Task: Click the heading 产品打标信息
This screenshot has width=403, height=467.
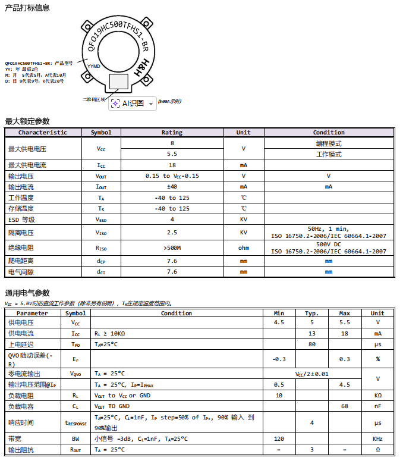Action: click(27, 8)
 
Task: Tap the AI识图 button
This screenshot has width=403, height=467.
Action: click(133, 103)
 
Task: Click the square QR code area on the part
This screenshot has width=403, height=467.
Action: click(119, 83)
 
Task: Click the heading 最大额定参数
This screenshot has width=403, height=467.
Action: click(27, 121)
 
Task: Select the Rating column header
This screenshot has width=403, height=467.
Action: click(172, 133)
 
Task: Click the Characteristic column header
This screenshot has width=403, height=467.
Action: click(43, 133)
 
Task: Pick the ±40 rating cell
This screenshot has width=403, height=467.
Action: click(172, 187)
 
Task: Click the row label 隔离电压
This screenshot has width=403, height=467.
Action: click(21, 233)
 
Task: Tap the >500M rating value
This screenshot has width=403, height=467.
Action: click(172, 248)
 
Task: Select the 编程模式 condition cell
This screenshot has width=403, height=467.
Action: click(329, 143)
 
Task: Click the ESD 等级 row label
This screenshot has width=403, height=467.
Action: click(21, 220)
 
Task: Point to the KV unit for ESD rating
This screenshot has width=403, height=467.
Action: click(244, 220)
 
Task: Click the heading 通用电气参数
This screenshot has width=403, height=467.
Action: click(27, 293)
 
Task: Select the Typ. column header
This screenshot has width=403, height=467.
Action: click(312, 314)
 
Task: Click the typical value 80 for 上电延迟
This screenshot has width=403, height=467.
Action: click(312, 344)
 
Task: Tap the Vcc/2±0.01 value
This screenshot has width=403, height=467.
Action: click(312, 374)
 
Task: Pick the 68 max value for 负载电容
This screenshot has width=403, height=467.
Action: click(344, 406)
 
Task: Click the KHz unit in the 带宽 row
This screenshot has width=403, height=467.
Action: click(377, 439)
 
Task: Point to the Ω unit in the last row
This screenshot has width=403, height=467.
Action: click(377, 450)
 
